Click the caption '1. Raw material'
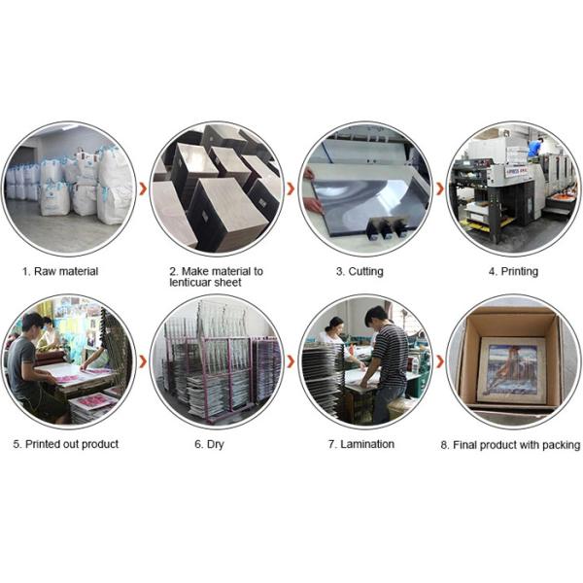coord(60,271)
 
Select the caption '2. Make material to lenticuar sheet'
coord(216,277)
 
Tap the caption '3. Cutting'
coord(360,271)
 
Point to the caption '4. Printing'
coord(513,271)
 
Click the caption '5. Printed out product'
coord(66,444)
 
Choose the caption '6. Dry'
coord(216,444)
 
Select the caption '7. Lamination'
coord(361,444)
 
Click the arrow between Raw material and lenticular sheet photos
coord(143,188)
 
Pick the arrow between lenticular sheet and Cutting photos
coord(291,188)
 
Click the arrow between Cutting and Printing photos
coord(438,188)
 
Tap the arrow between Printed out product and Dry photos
coord(143,361)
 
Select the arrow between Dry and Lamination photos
coord(291,361)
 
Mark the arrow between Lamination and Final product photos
coord(438,361)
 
